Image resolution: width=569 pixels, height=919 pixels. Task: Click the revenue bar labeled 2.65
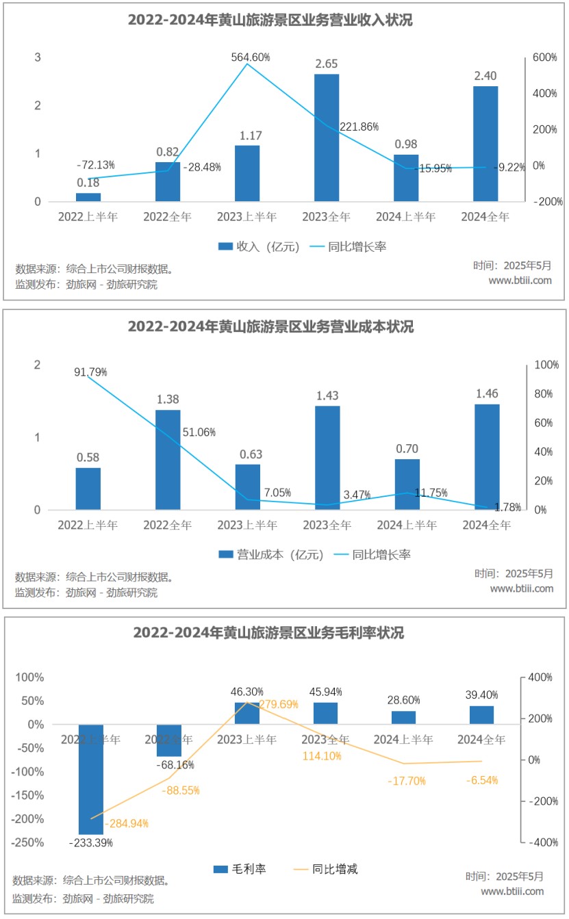[327, 138]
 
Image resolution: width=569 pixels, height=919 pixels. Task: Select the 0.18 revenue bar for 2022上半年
[88, 197]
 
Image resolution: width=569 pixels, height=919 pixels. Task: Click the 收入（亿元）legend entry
[259, 246]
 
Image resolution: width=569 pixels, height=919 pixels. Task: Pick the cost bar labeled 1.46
[487, 456]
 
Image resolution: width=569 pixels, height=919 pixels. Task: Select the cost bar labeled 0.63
[248, 487]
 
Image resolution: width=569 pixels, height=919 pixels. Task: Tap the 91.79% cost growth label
[91, 372]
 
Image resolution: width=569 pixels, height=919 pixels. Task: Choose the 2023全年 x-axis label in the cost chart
[327, 526]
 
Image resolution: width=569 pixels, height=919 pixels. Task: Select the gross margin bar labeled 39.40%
[482, 715]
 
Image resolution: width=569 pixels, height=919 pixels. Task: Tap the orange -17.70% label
[407, 781]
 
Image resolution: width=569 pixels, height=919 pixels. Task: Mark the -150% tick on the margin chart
[29, 796]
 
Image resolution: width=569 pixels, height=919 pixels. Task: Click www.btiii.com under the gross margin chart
[512, 891]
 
